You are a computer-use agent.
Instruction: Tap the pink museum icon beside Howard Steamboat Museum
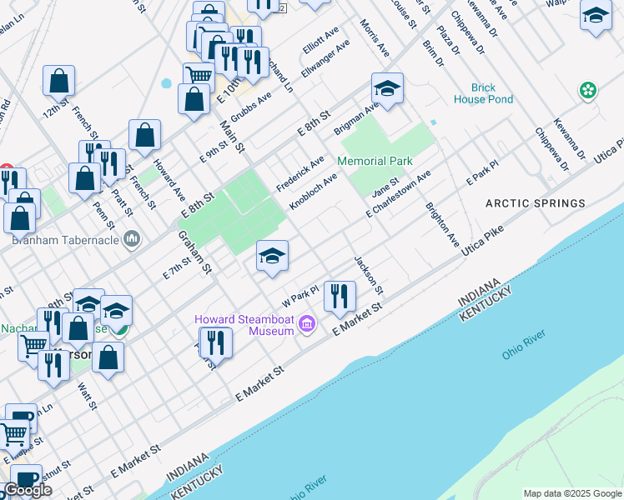pyautogui.click(x=307, y=324)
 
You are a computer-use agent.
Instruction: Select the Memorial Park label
pyautogui.click(x=375, y=161)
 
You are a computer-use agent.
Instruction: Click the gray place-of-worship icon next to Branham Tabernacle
pyautogui.click(x=132, y=241)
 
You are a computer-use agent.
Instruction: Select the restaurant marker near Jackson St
pyautogui.click(x=340, y=296)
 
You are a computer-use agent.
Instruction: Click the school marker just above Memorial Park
pyautogui.click(x=387, y=87)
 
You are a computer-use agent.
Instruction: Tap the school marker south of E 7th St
pyautogui.click(x=272, y=256)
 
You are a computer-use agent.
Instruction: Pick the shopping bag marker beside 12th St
pyautogui.click(x=59, y=81)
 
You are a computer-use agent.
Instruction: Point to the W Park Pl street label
pyautogui.click(x=300, y=295)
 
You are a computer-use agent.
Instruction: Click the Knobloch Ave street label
pyautogui.click(x=313, y=192)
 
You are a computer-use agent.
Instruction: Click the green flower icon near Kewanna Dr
pyautogui.click(x=588, y=89)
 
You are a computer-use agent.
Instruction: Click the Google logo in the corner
pyautogui.click(x=28, y=489)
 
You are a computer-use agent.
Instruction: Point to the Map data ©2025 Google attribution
pyautogui.click(x=571, y=493)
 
